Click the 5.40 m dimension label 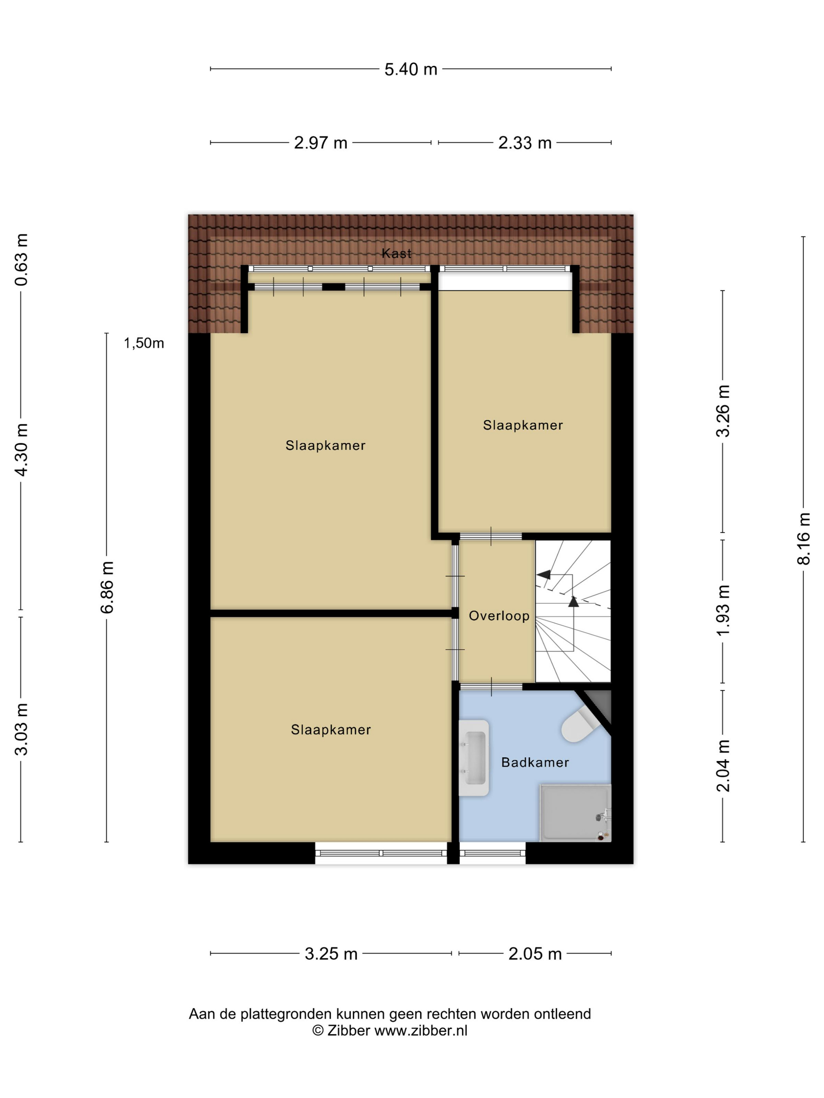pos(411,69)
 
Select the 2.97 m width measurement pos(320,143)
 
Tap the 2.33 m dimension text pos(525,143)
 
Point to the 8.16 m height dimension pos(803,538)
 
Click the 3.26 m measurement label pos(723,411)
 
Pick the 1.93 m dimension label pos(723,611)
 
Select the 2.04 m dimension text pos(723,765)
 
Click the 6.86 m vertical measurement pos(107,587)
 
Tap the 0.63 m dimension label pos(21,260)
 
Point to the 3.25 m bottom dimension pos(331,954)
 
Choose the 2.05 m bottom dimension pos(535,954)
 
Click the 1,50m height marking pos(144,343)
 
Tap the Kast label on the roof pos(396,254)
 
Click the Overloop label pos(499,616)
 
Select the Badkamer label pos(535,762)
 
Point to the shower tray pos(575,813)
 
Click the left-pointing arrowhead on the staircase pos(543,575)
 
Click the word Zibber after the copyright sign pos(349,1031)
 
